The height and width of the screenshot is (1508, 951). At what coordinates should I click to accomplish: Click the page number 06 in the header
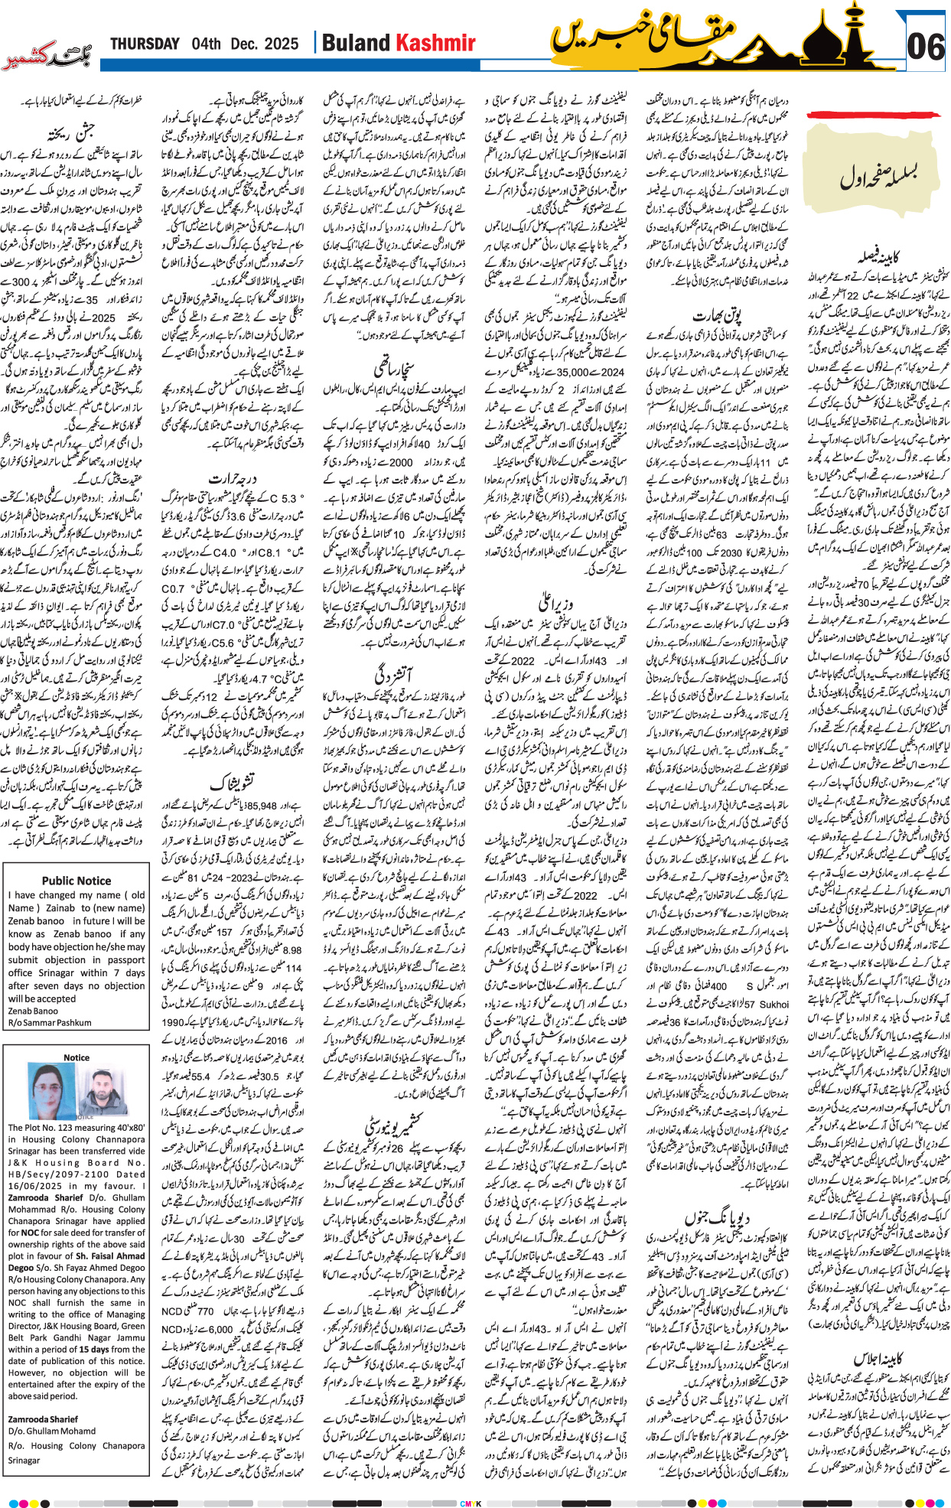point(925,47)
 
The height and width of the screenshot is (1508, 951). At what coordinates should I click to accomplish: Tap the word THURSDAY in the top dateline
point(145,44)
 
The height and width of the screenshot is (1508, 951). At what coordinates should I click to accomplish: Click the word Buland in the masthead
point(357,43)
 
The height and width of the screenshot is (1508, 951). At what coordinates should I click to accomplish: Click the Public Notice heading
point(77,881)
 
